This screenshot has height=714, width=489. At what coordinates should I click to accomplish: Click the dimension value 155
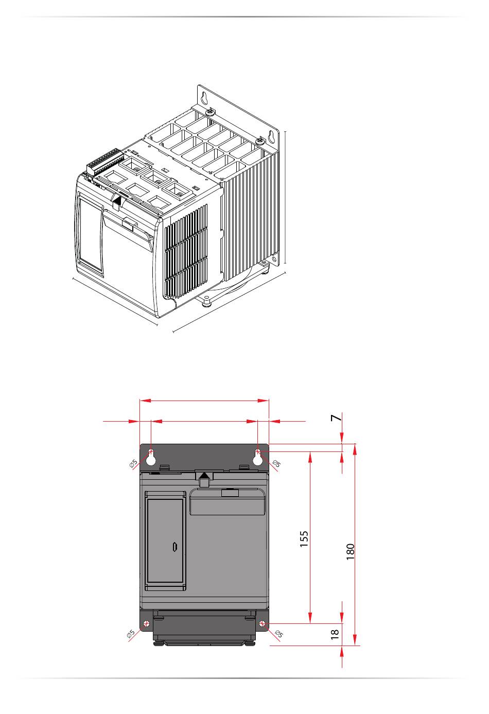coord(304,538)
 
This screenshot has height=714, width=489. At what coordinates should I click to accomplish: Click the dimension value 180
coord(351,551)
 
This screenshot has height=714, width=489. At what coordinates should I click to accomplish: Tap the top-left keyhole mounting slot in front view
coord(151,457)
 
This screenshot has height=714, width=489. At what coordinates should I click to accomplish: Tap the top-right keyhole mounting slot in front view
coord(258,457)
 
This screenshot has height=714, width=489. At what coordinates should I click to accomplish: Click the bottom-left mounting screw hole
coord(147,624)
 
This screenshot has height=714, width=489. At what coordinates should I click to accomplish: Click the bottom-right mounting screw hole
coord(263,624)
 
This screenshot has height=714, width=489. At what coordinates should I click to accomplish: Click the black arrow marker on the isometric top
coord(117,201)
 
